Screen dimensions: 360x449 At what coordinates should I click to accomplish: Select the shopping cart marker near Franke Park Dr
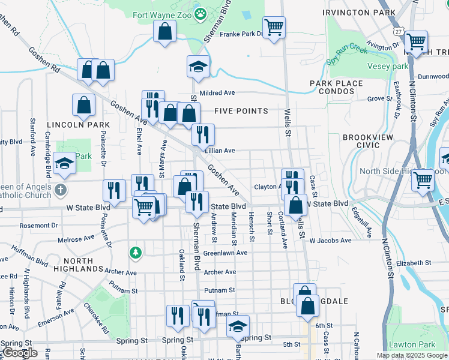(274, 27)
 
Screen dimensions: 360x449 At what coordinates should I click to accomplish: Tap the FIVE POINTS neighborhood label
(241, 111)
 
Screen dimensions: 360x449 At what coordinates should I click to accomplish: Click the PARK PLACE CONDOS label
(336, 88)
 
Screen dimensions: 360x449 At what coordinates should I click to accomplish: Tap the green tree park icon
(136, 252)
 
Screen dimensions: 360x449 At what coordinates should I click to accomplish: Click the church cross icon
(59, 191)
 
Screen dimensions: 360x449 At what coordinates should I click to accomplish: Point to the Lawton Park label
(411, 344)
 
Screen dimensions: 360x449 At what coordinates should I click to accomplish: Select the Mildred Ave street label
(217, 93)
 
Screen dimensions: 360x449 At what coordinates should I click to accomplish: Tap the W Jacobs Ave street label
(330, 241)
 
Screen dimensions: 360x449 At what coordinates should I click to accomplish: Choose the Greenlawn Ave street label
(225, 253)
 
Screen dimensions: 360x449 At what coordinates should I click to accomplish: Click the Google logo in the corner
(20, 352)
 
